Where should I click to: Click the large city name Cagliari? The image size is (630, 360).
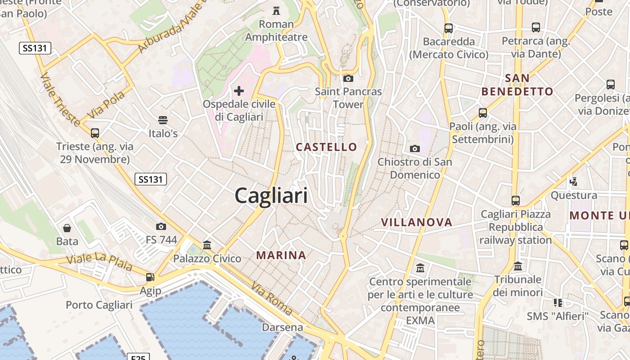click(271, 196)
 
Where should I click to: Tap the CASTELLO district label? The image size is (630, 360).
click(326, 147)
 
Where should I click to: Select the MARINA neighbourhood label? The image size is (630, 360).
click(281, 256)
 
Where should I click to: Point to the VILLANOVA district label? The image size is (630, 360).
click(417, 222)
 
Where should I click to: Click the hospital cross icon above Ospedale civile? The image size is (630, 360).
click(239, 91)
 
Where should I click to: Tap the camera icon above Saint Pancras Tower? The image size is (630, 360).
click(348, 78)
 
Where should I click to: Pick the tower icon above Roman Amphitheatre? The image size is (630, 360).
click(276, 10)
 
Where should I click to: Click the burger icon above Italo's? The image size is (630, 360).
click(163, 120)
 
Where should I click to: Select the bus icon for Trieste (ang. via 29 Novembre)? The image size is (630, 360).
click(94, 133)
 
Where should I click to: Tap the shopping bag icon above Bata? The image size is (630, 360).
click(67, 228)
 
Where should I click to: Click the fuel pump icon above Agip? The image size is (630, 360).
click(150, 277)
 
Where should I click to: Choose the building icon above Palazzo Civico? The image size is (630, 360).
click(207, 245)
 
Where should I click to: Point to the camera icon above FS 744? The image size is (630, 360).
click(161, 226)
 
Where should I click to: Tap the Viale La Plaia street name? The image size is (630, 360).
click(99, 262)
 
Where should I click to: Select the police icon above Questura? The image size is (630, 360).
click(573, 182)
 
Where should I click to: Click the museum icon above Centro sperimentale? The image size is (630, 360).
click(420, 268)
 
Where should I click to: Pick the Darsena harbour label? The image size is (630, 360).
click(283, 327)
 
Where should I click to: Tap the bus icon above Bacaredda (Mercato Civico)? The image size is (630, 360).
click(448, 28)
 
